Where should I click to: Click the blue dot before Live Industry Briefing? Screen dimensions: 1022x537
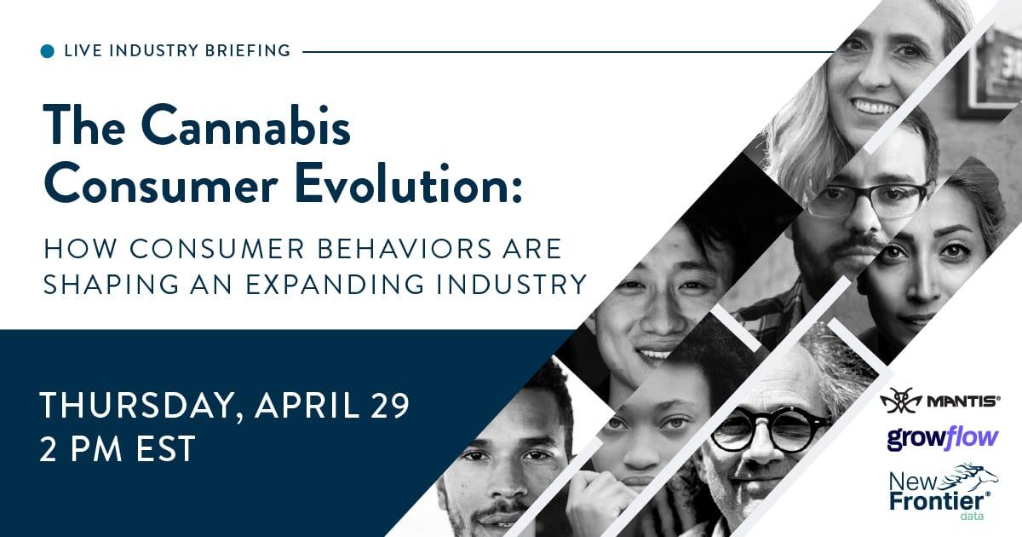point(48,51)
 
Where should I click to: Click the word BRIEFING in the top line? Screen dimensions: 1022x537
point(248,50)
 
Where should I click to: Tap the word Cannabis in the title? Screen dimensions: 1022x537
point(246,125)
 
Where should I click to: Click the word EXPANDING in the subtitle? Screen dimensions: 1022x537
point(335,284)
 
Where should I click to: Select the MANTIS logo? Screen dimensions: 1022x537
point(940,401)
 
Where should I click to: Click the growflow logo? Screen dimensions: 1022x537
point(943,439)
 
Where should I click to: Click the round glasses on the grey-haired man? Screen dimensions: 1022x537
point(771,430)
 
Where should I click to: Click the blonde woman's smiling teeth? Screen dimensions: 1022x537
point(876,107)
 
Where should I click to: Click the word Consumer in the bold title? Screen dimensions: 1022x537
point(161,184)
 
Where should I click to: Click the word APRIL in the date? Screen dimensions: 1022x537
point(307,405)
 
